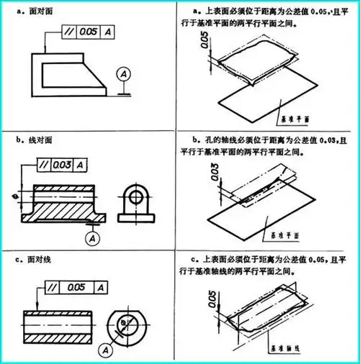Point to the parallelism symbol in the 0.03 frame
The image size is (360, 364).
click(x=40, y=165)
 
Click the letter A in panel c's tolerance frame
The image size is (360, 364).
click(x=104, y=287)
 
